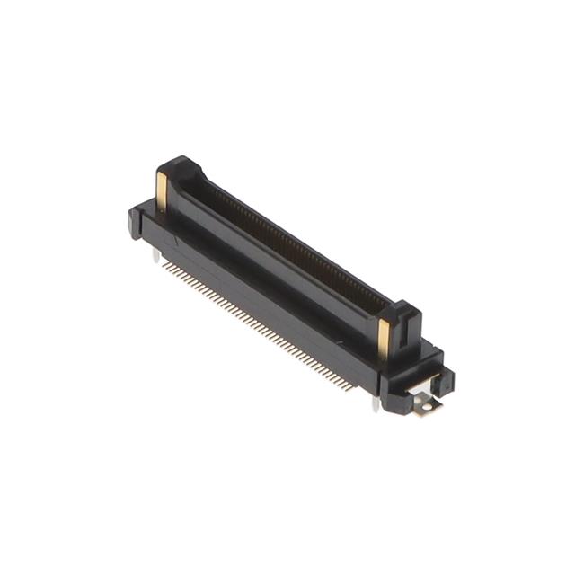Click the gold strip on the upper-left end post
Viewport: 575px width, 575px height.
tap(162, 191)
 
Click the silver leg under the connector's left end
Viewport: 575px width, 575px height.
tap(158, 259)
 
